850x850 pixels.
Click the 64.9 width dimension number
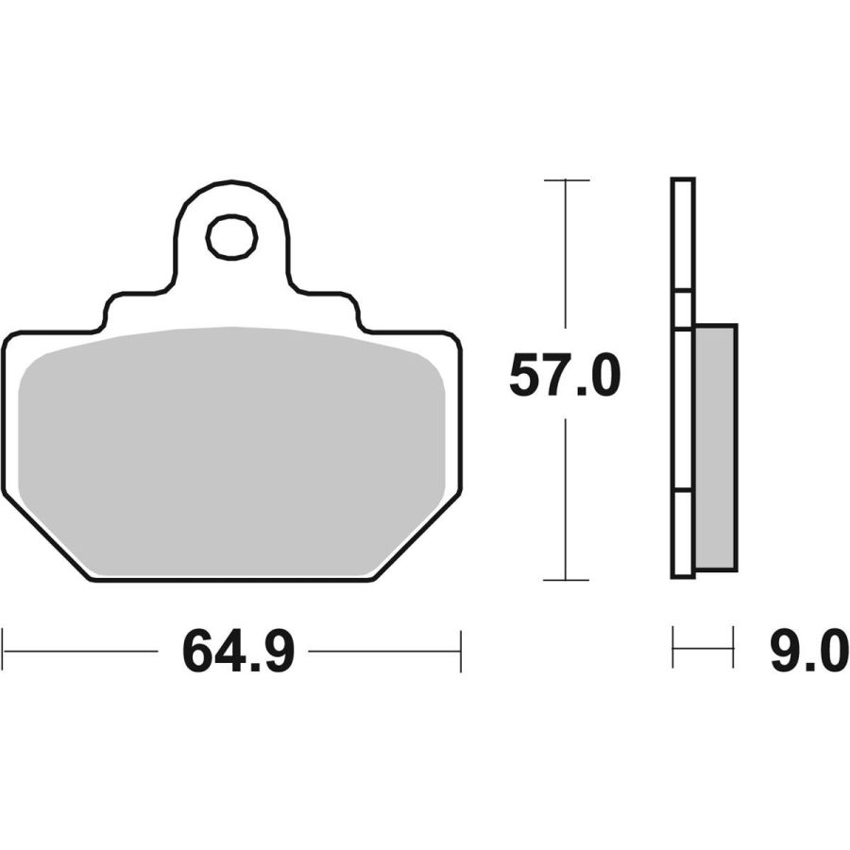click(x=239, y=652)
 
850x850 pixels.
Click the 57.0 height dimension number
click(x=565, y=375)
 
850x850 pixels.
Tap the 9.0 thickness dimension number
click(x=808, y=652)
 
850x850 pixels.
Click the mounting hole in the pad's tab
click(x=231, y=236)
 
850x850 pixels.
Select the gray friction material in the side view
click(x=715, y=447)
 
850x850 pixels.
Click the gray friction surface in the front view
click(x=231, y=450)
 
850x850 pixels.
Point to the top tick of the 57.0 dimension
click(x=567, y=180)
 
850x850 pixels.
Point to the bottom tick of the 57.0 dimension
click(x=566, y=580)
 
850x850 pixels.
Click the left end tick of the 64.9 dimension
click(x=3, y=651)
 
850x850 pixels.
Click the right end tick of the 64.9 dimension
click(x=461, y=651)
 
